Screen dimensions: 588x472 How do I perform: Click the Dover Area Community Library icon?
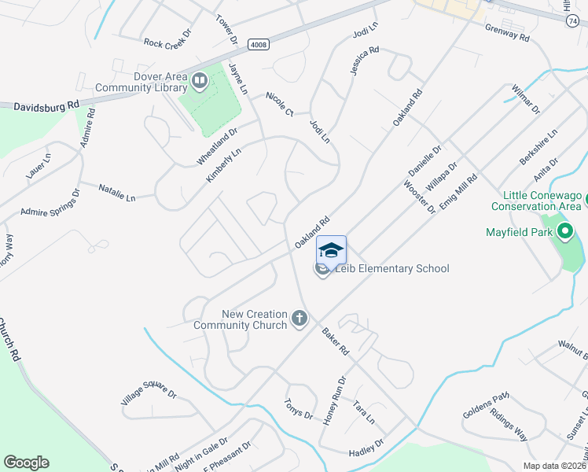200,79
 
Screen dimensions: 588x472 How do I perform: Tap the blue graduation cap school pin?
331,250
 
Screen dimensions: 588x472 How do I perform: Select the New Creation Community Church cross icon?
298,319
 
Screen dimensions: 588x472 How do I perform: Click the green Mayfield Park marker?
563,232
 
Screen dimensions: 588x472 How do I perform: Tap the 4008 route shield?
258,45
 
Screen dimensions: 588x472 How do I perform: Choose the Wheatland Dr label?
217,147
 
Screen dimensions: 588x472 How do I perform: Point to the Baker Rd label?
335,340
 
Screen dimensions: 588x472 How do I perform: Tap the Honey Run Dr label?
334,401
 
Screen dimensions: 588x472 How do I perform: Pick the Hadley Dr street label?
367,449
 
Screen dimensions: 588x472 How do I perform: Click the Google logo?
26,463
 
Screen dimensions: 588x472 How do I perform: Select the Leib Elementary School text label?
392,269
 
